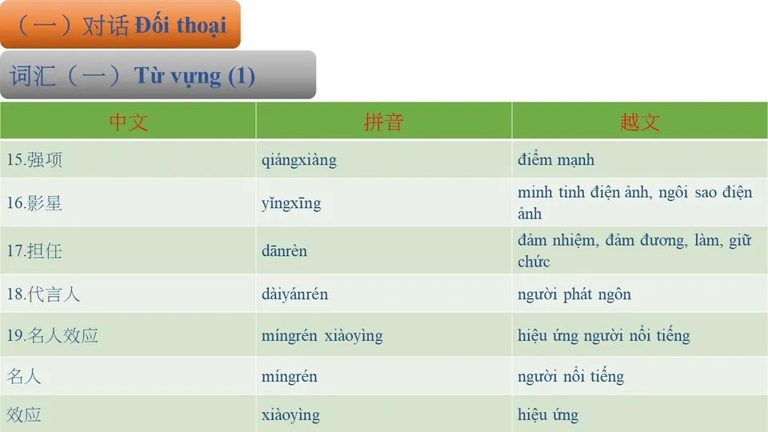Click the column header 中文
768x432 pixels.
pos(128,122)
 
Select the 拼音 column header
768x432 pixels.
pos(383,122)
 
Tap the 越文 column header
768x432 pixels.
pos(639,122)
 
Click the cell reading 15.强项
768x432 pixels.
pos(34,159)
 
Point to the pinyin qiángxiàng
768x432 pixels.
pos(298,160)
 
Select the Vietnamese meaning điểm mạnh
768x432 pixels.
pos(556,160)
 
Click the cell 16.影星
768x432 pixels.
pos(34,202)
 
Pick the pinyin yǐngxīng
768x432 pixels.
pos(291,203)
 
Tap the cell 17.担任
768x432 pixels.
pos(34,250)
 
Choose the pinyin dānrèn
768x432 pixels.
pos(284,251)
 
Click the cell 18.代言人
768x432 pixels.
pos(43,294)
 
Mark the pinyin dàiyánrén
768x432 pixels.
pos(294,294)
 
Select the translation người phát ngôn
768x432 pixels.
pos(574,294)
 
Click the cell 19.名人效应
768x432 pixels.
pos(52,335)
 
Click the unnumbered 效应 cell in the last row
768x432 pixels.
pos(24,414)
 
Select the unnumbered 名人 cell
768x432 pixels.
pos(24,376)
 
